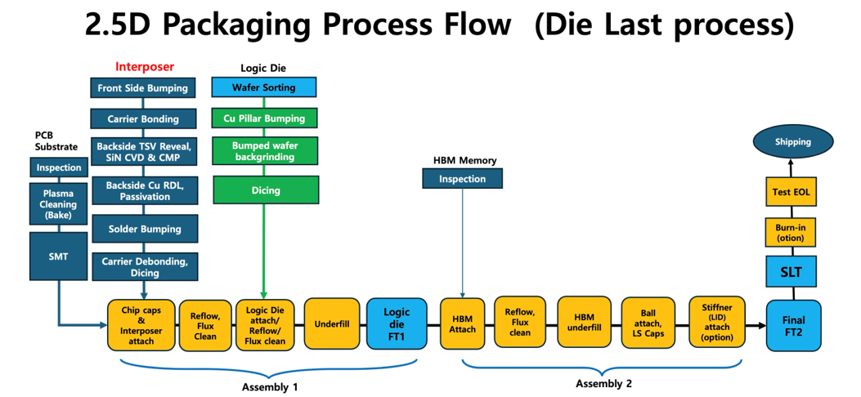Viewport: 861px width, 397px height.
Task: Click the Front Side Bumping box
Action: (143, 87)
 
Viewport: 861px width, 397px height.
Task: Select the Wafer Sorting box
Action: (264, 87)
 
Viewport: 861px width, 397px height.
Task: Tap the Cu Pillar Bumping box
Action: (264, 118)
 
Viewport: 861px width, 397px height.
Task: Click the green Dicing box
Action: (266, 190)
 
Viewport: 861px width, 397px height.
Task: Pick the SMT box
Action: (58, 256)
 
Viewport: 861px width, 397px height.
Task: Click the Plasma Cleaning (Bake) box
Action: (58, 205)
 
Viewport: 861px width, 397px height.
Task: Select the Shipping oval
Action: (792, 141)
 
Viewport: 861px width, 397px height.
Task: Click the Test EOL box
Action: (791, 192)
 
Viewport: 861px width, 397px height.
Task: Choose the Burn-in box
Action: (791, 233)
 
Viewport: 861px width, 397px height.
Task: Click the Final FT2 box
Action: (793, 325)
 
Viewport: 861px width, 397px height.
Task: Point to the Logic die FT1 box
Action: (397, 324)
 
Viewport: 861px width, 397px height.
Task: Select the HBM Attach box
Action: (463, 324)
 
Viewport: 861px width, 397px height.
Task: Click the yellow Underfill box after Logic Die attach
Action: (332, 324)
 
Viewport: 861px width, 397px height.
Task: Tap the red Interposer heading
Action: (145, 66)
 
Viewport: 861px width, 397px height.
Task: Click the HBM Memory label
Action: (464, 160)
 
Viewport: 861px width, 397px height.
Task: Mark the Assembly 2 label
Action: (603, 383)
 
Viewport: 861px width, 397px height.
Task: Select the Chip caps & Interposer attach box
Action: (141, 324)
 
